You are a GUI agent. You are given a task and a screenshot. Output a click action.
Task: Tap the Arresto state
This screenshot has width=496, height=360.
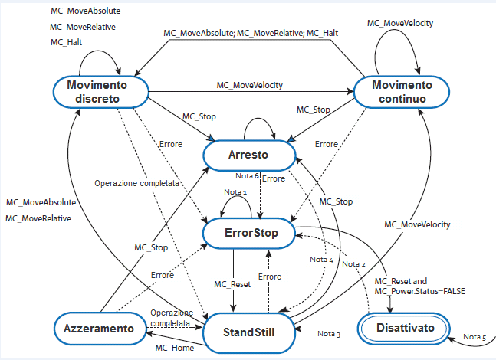[x=249, y=155]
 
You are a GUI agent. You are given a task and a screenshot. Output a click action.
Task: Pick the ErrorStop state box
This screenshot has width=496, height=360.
[x=249, y=231]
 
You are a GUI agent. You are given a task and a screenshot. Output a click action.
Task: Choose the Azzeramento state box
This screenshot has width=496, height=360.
[x=99, y=328]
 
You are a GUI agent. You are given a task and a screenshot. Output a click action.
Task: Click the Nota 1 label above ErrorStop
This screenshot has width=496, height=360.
[x=235, y=191]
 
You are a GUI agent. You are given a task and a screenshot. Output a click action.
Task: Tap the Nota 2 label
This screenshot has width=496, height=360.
[x=353, y=263]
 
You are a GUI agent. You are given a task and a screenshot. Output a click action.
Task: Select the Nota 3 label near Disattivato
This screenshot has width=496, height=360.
[x=329, y=335]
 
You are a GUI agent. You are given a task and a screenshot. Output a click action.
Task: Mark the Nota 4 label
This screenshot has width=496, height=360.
[x=321, y=260]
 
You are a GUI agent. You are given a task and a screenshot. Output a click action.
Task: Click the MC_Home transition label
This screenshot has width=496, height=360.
[x=172, y=349]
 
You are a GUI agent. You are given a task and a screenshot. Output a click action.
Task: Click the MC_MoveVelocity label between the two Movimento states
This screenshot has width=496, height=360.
[x=249, y=85]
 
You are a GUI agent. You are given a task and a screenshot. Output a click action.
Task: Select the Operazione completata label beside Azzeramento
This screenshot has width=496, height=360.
[x=171, y=318]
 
